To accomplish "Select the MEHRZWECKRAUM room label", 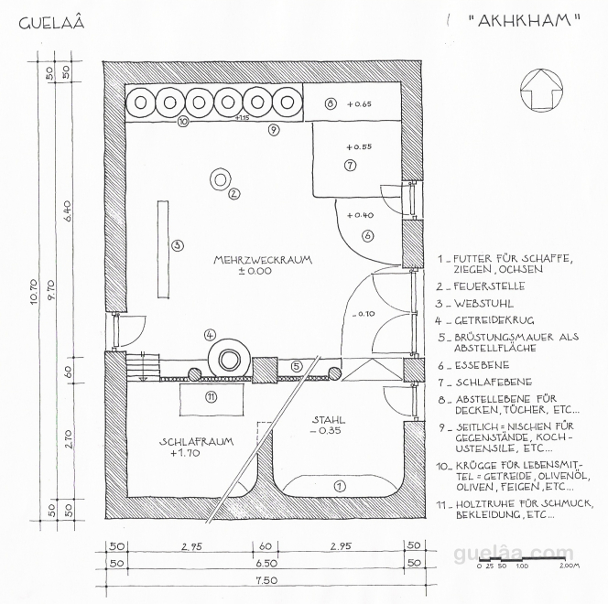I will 263,260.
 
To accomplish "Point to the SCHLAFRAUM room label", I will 196,441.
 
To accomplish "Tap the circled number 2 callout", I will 233,193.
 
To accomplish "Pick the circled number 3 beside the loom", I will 178,244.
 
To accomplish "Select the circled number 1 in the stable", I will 339,486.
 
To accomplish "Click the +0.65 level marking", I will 359,104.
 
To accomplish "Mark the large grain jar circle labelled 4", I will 229,358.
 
